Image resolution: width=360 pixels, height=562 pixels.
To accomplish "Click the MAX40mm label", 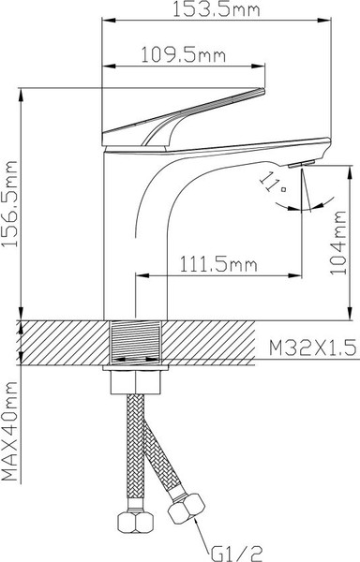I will point(12,431).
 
